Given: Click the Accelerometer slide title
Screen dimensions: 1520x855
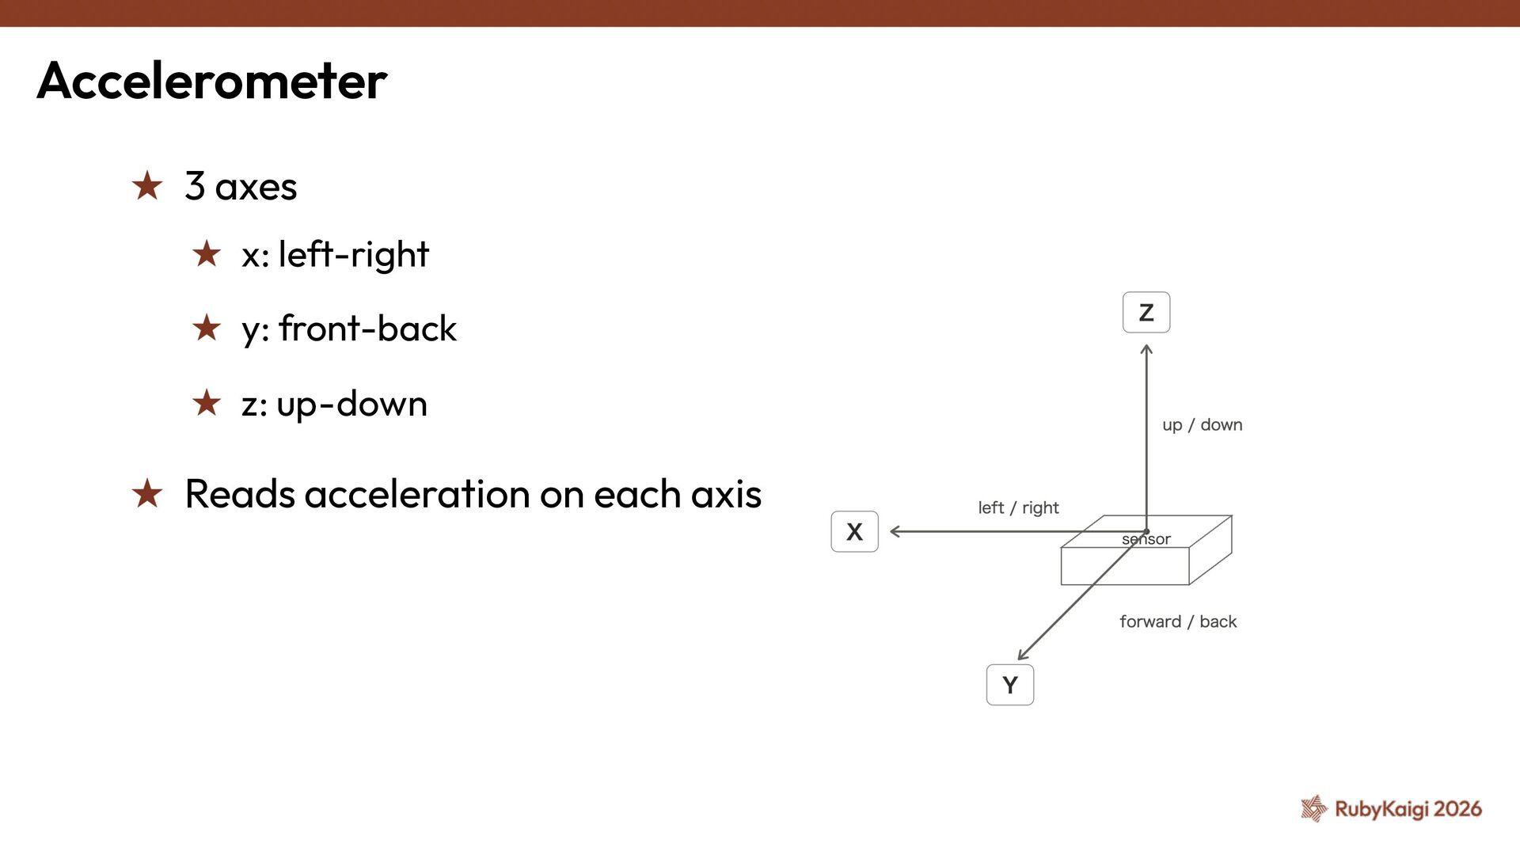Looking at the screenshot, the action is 212,81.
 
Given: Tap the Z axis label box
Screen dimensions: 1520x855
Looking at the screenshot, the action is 1146,313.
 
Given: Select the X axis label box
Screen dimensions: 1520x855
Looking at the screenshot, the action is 854,532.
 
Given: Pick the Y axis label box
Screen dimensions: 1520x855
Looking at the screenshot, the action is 1009,685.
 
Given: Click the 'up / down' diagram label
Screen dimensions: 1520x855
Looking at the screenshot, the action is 1202,425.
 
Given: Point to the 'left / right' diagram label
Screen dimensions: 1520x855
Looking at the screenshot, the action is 1018,507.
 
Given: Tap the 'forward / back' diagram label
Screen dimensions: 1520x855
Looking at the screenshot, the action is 1177,621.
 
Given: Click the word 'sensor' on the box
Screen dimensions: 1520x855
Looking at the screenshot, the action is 1146,539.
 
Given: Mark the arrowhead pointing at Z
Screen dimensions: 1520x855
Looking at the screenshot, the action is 1146,349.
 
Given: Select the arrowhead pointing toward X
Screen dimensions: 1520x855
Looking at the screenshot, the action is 895,532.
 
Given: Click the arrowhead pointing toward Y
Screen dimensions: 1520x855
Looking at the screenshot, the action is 1022,655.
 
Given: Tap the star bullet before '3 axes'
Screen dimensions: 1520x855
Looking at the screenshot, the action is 147,186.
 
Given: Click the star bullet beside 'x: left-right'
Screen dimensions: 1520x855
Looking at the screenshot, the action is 207,254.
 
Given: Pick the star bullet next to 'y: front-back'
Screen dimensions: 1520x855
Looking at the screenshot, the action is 207,329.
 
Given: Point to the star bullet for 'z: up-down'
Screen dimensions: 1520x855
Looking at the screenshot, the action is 207,403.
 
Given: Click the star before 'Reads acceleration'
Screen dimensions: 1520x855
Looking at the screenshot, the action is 147,494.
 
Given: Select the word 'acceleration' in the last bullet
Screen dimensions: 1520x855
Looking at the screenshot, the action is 416,494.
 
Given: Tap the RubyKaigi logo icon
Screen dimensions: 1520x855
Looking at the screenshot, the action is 1313,808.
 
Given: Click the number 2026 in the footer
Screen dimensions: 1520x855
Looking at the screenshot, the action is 1457,808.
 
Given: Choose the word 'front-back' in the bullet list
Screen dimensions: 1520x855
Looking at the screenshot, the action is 367,329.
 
